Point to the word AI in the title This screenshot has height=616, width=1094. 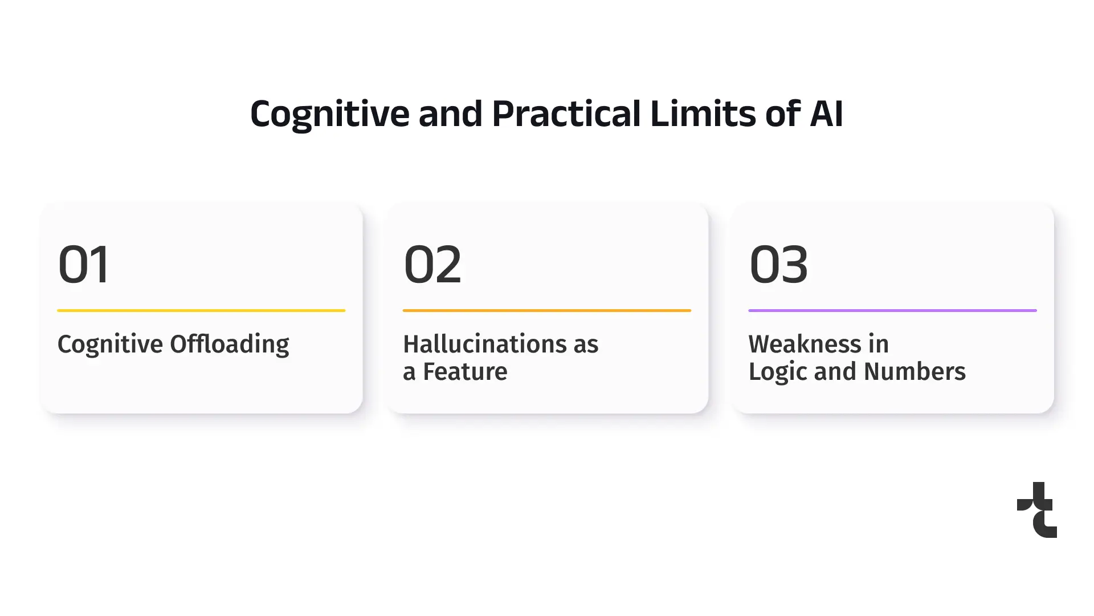pyautogui.click(x=826, y=114)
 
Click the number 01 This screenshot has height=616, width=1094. pyautogui.click(x=83, y=264)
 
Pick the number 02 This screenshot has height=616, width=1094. pyautogui.click(x=432, y=264)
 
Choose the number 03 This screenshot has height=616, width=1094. pyautogui.click(x=778, y=264)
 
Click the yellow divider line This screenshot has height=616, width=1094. pyautogui.click(x=201, y=310)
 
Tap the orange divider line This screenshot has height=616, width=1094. pyautogui.click(x=547, y=310)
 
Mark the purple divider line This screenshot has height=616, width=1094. pyautogui.click(x=892, y=310)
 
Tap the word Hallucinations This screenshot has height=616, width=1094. pyautogui.click(x=485, y=344)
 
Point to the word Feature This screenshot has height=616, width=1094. pyautogui.click(x=465, y=371)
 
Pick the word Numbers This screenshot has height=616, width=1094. pyautogui.click(x=915, y=371)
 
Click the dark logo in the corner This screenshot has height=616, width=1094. pyautogui.click(x=1037, y=509)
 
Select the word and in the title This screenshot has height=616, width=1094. pyautogui.click(x=451, y=114)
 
